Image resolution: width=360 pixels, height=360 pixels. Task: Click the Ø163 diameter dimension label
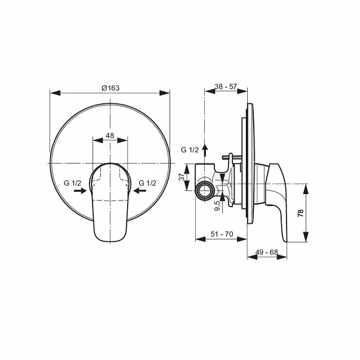(110, 88)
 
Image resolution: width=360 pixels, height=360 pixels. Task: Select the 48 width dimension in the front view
(110, 136)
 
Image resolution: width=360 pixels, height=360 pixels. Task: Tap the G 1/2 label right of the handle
(147, 183)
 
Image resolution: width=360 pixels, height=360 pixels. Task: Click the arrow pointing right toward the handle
(82, 191)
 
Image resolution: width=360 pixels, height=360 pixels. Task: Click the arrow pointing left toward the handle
(140, 191)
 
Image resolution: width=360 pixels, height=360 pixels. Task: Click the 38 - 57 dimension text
(226, 87)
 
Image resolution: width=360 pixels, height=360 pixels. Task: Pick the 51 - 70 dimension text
(222, 235)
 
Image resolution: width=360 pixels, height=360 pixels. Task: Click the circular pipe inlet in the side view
(204, 190)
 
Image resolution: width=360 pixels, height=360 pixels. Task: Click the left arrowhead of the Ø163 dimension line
(54, 93)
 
